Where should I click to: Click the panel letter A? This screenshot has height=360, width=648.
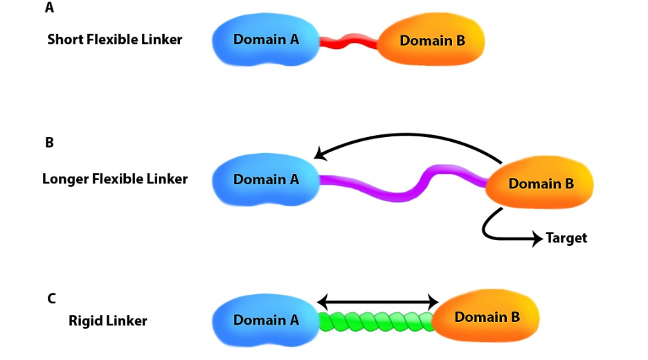49,8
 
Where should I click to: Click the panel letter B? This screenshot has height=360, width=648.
49,143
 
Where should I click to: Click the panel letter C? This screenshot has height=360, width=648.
51,299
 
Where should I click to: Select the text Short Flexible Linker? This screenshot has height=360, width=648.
114,39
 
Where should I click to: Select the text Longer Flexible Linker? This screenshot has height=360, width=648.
115,179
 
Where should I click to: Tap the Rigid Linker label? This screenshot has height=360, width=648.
108,321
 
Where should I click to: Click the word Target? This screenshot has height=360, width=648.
566,238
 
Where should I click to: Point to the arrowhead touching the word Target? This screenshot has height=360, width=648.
539,239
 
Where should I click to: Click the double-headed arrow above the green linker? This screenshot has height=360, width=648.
377,302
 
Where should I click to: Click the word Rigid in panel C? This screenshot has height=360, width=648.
85,321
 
